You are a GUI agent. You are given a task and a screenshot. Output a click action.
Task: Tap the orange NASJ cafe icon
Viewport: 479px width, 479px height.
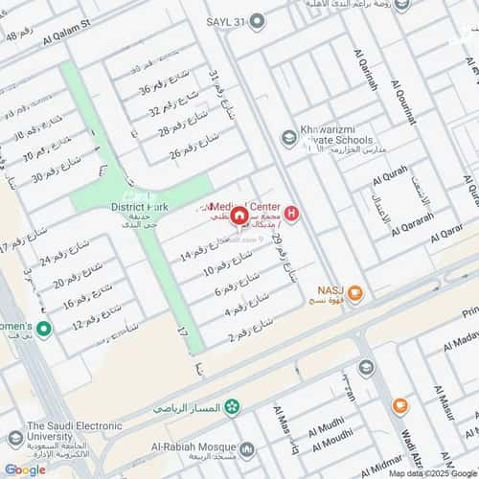tap(355, 294)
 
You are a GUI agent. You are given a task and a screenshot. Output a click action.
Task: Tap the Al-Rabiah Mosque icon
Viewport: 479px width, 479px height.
tap(248, 448)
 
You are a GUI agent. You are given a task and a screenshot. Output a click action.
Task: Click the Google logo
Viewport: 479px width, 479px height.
tap(24, 468)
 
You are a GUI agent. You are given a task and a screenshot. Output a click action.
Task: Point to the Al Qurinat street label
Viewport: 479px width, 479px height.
tap(404, 100)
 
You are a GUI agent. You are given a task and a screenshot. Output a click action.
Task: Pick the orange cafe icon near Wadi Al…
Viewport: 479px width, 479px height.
tap(399, 406)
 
